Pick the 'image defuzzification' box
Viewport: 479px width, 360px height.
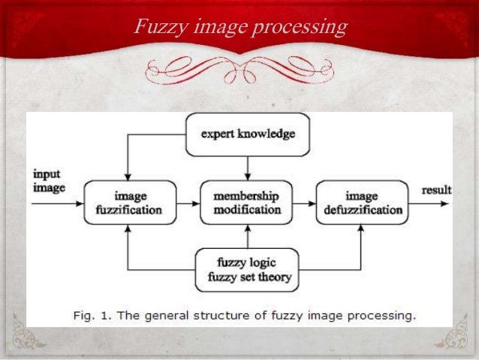(363, 201)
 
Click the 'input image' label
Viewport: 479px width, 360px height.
(49, 181)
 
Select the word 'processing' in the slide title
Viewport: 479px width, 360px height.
(300, 29)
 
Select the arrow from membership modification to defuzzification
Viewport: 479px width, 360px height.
(305, 201)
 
